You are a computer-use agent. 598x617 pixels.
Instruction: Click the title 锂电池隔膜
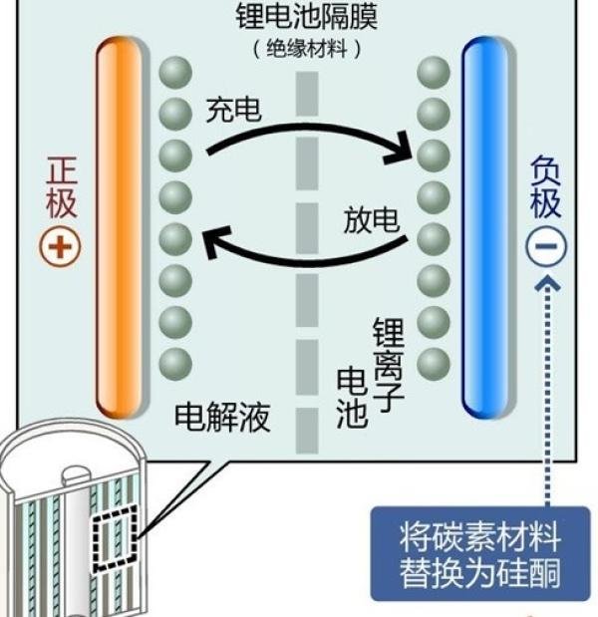click(307, 16)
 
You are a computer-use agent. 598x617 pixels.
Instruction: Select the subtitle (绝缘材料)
click(307, 49)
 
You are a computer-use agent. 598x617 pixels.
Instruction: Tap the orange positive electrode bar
click(119, 227)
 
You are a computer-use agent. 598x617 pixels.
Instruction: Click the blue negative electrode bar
click(485, 227)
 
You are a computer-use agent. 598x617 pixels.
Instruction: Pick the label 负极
click(545, 187)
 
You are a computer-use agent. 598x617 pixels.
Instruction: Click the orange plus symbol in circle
click(60, 247)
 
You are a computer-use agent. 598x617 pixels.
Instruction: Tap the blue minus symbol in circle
click(546, 246)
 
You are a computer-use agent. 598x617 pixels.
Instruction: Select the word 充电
click(233, 110)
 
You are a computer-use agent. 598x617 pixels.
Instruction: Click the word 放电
click(372, 219)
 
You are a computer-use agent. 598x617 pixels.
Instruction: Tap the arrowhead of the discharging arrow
click(212, 241)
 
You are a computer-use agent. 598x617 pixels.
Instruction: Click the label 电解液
click(222, 417)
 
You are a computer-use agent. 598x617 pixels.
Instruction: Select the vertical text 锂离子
click(389, 365)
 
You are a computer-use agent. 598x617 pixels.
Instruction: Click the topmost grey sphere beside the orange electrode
click(175, 73)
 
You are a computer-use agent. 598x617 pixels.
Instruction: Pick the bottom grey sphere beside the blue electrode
click(434, 364)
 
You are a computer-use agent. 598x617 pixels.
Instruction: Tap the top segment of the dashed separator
click(307, 94)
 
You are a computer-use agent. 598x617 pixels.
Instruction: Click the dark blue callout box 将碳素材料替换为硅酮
click(480, 554)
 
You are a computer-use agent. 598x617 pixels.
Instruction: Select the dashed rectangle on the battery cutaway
click(115, 538)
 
